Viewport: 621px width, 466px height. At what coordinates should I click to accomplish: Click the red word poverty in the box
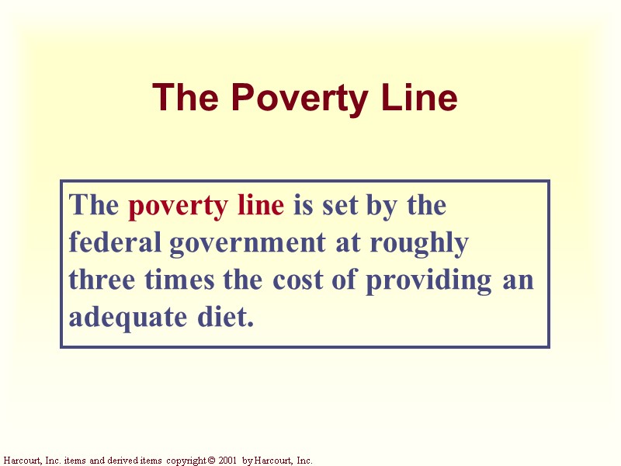(x=175, y=206)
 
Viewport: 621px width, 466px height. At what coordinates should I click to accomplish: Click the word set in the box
(x=343, y=206)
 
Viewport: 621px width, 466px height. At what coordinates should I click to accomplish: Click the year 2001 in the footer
(x=227, y=461)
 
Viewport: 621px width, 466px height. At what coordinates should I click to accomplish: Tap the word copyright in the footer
(x=185, y=461)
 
